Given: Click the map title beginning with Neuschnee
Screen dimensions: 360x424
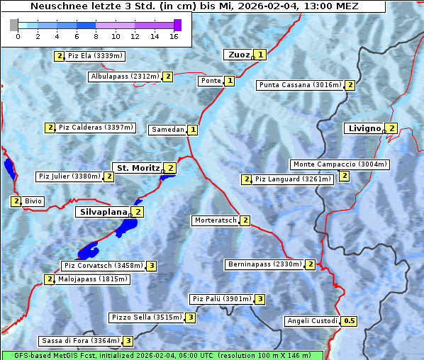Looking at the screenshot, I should pyautogui.click(x=194, y=6).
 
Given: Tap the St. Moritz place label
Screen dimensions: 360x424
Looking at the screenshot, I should pyautogui.click(x=138, y=168).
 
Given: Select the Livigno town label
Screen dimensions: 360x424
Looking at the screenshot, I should pyautogui.click(x=364, y=128).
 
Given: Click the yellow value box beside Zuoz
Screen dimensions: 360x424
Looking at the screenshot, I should pyautogui.click(x=260, y=55).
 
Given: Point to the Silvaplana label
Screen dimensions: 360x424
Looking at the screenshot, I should pyautogui.click(x=103, y=212).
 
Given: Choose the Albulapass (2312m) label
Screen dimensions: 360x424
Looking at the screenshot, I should pyautogui.click(x=125, y=77).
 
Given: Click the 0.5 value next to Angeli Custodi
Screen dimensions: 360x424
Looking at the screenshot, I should pyautogui.click(x=349, y=321).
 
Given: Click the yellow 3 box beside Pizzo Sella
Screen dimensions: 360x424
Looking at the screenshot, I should pyautogui.click(x=191, y=317).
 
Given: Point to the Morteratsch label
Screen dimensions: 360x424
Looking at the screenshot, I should pyautogui.click(x=216, y=220).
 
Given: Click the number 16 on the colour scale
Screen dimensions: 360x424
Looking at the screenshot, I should pyautogui.click(x=174, y=36).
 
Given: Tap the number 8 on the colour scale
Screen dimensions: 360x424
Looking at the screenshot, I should pyautogui.click(x=96, y=36).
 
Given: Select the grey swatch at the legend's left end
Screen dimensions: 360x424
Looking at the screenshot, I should pyautogui.click(x=14, y=25).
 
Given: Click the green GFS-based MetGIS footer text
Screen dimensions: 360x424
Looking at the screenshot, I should pyautogui.click(x=162, y=355).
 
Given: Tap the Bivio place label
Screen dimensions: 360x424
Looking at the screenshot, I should pyautogui.click(x=33, y=201).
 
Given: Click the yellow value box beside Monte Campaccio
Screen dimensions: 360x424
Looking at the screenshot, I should pyautogui.click(x=345, y=176).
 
